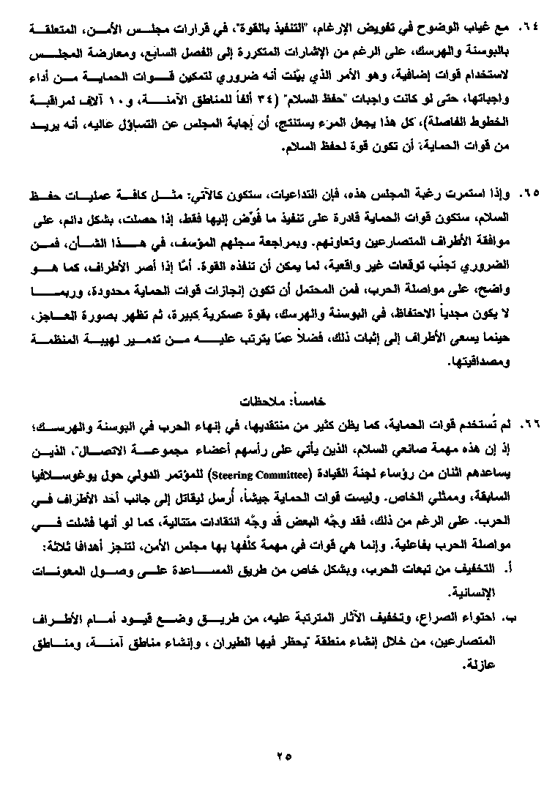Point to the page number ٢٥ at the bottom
click(284, 756)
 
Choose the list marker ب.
click(502, 618)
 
